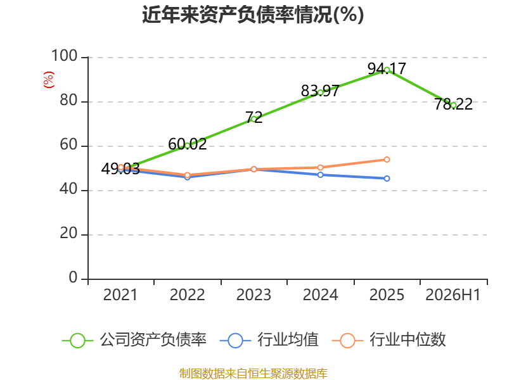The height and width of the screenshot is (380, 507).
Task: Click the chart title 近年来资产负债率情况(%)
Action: click(253, 15)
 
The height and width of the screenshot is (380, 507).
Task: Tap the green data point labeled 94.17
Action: click(387, 70)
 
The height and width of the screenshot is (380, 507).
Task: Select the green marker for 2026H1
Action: click(453, 105)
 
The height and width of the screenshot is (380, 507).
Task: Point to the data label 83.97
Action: click(320, 91)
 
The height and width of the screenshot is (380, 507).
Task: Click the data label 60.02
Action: click(187, 144)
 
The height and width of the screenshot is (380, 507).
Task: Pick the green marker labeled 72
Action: click(254, 119)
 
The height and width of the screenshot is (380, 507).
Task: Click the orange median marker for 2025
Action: click(387, 160)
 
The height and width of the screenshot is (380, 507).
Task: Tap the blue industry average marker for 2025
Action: click(387, 179)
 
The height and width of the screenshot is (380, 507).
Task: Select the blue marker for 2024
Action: click(320, 175)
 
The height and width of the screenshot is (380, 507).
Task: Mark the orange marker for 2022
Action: click(187, 175)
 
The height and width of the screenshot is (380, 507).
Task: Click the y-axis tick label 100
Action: click(65, 56)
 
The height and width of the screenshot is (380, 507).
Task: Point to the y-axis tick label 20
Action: click(68, 233)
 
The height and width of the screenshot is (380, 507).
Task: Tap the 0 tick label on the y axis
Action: click(73, 277)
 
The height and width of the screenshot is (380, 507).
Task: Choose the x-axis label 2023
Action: click(254, 295)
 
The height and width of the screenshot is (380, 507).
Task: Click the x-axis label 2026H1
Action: click(453, 295)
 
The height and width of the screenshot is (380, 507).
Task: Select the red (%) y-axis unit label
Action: click(49, 80)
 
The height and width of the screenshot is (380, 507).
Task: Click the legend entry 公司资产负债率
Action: click(134, 340)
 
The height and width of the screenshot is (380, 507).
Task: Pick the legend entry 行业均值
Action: click(269, 340)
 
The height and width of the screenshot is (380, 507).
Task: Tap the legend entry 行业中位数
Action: click(389, 340)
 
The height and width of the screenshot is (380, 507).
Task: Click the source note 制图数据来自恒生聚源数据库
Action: click(253, 373)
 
